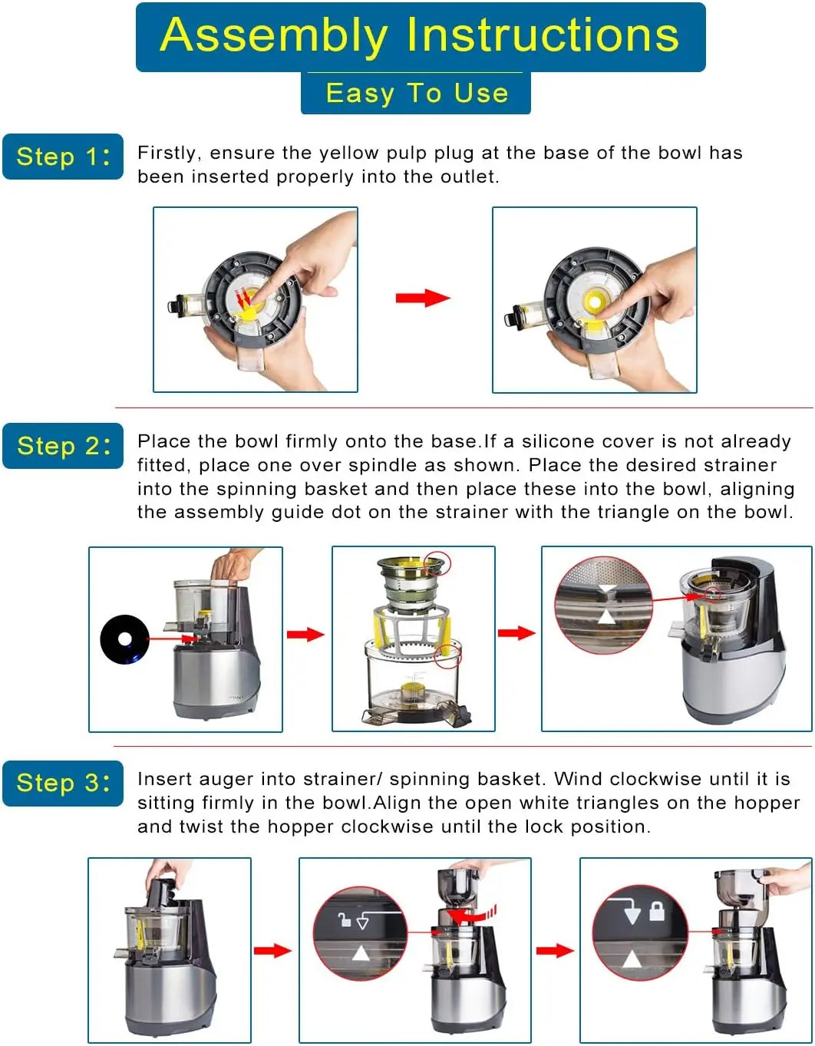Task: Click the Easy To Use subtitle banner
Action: (x=416, y=93)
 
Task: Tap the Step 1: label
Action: (x=63, y=157)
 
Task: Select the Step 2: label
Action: (x=63, y=446)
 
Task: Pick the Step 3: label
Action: (x=63, y=783)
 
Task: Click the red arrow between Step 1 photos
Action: (x=422, y=298)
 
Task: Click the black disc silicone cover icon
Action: (x=124, y=638)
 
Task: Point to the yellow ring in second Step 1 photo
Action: (x=596, y=301)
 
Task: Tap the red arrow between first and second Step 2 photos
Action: (x=305, y=634)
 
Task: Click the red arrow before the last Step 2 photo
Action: (x=516, y=633)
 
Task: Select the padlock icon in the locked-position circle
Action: (x=657, y=912)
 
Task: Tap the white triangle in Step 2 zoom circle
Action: (x=606, y=616)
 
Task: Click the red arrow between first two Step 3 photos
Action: (x=272, y=951)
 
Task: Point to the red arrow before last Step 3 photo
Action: (x=554, y=951)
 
